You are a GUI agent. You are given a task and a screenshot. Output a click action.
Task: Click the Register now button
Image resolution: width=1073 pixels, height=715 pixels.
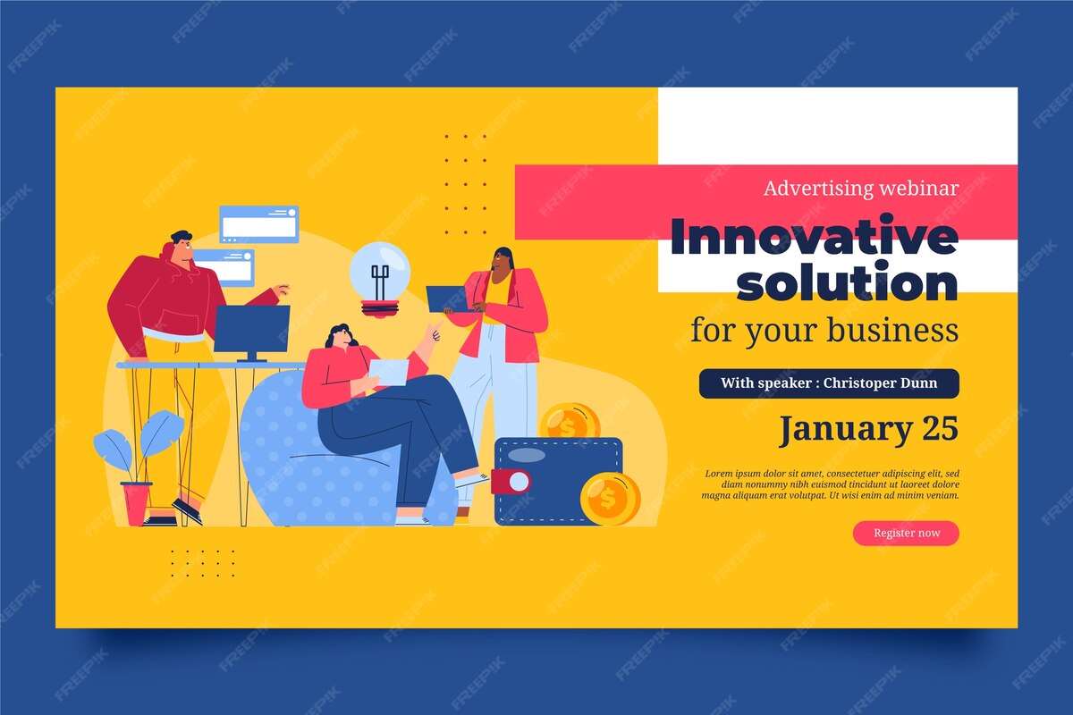click(906, 533)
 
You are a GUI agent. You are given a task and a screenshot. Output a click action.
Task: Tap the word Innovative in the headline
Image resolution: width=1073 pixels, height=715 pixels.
click(814, 237)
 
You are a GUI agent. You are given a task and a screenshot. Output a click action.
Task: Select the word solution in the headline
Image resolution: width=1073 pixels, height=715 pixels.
click(847, 282)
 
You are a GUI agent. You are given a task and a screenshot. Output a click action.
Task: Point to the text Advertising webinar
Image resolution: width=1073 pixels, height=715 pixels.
click(861, 189)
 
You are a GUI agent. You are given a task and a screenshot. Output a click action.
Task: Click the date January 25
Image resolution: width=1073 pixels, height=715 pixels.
click(868, 429)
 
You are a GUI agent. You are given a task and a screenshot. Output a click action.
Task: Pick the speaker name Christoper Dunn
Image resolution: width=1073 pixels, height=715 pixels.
click(880, 383)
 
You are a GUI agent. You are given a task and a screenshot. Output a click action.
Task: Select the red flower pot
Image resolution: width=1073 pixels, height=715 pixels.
click(136, 503)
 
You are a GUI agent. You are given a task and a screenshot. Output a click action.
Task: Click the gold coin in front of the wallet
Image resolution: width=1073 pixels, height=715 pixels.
click(610, 499)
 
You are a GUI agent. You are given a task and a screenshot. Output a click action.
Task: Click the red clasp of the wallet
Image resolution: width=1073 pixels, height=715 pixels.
click(511, 482)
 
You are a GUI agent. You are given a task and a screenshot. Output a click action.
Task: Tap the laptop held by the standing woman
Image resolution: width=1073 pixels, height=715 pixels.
click(446, 299)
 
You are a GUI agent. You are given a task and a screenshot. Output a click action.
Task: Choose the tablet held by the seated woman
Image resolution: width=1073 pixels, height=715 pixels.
click(388, 372)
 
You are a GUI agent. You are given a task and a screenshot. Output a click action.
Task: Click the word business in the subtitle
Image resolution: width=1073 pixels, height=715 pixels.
click(892, 330)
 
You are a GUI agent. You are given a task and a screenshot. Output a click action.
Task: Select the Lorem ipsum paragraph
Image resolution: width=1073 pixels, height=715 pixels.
click(830, 484)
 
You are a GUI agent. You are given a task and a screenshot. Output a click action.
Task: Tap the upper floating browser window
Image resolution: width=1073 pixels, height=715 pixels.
click(259, 224)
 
